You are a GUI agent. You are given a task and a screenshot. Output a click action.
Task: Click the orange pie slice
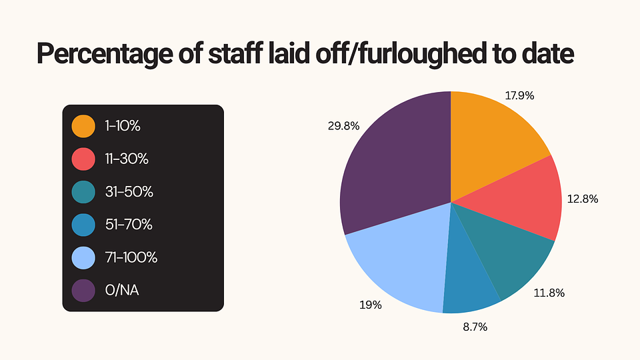pos(493,140)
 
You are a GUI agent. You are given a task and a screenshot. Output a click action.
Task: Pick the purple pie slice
pos(393,167)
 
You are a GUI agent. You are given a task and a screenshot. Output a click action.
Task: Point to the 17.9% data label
pos(519,95)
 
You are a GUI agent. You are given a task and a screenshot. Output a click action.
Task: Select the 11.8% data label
pos(549,292)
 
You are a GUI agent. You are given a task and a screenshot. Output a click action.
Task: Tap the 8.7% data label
pos(474,327)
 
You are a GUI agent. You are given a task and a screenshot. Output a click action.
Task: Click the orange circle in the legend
pos(83,126)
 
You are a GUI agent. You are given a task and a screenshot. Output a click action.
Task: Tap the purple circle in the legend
pos(83,291)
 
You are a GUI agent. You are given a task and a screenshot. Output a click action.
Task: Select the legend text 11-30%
pos(126,159)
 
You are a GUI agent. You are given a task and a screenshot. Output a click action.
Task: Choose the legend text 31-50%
pos(129,192)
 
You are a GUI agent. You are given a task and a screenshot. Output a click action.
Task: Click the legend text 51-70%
pos(128,225)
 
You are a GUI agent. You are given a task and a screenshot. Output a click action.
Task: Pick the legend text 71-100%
pos(131,257)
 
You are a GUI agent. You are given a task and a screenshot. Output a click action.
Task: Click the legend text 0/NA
pos(122,291)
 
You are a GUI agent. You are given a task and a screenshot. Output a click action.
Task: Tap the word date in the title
pos(546,53)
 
